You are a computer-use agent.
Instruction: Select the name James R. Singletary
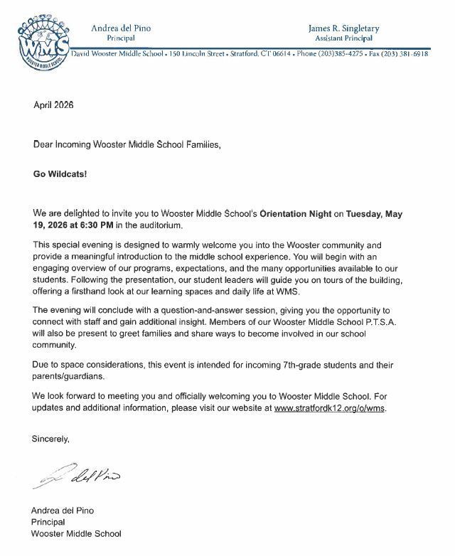pyautogui.click(x=343, y=28)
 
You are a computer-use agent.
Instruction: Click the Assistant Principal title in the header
pyautogui.click(x=343, y=38)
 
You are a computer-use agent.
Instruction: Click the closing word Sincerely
pyautogui.click(x=50, y=439)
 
